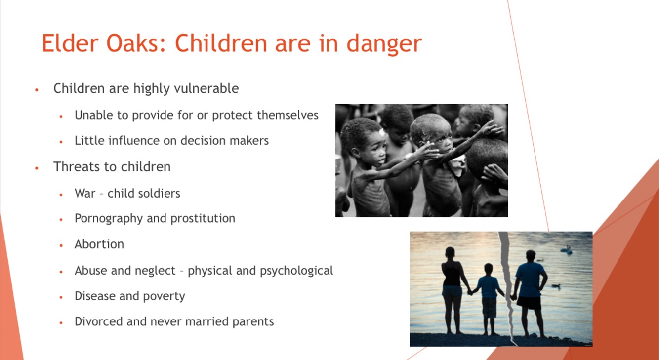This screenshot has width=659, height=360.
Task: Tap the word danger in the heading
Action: click(384, 44)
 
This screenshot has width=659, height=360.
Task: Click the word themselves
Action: click(288, 115)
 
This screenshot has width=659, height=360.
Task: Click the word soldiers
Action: click(159, 193)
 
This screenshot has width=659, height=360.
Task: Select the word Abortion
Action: click(99, 244)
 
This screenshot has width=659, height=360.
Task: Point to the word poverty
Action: click(164, 296)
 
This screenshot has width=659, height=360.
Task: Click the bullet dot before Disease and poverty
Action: click(61, 297)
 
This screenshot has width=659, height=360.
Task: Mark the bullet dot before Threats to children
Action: click(37, 168)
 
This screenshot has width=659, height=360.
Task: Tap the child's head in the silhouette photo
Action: click(489, 268)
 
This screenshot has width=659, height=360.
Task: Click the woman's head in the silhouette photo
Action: click(450, 252)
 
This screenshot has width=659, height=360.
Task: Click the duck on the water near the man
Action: click(556, 285)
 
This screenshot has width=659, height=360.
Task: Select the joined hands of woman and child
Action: click(470, 292)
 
